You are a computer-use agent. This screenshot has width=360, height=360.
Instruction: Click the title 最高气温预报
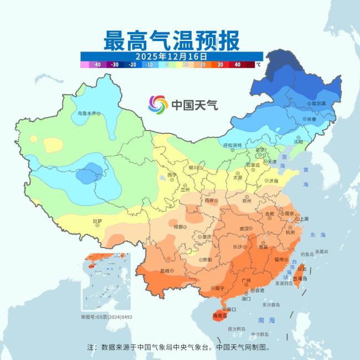(171, 40)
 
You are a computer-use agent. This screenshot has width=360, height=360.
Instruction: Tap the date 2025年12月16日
(171, 56)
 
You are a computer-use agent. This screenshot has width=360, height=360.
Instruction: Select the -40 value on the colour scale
(97, 65)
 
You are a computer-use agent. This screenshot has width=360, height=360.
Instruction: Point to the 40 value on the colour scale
(237, 65)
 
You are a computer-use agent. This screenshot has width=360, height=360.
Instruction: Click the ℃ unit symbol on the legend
(258, 65)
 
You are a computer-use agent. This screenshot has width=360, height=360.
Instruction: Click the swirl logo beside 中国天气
(158, 104)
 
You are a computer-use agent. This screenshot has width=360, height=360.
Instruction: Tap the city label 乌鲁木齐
(86, 114)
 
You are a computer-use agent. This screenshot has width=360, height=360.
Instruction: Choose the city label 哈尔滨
(318, 104)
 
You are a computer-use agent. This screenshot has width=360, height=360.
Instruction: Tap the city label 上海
(303, 219)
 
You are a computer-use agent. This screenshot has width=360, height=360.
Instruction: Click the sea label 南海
(266, 321)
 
